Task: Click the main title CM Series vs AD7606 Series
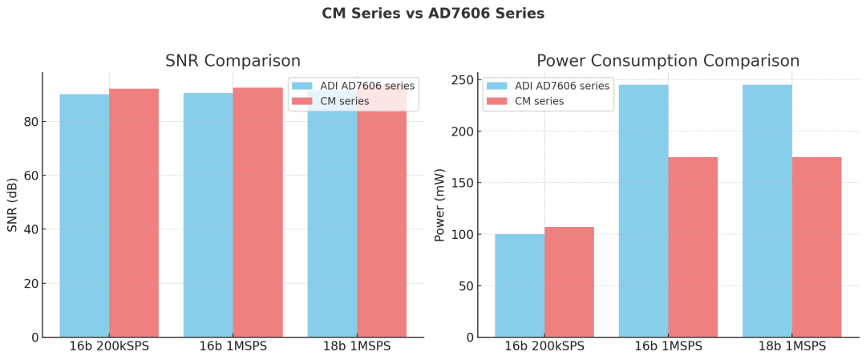pos(433,14)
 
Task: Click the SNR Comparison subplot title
pos(233,61)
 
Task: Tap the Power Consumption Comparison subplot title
pos(667,61)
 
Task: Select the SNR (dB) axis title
pos(12,204)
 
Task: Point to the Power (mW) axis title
pos(439,204)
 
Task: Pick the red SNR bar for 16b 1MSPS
pos(257,212)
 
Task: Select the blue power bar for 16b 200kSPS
pos(520,285)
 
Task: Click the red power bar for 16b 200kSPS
pos(569,281)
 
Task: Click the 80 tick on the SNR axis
pos(30,122)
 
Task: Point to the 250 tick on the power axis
pos(460,80)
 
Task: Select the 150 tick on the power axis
pos(460,183)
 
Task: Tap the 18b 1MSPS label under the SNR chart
pos(357,346)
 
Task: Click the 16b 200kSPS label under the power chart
pos(544,346)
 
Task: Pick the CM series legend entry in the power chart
pos(538,101)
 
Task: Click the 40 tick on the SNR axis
pos(30,229)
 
